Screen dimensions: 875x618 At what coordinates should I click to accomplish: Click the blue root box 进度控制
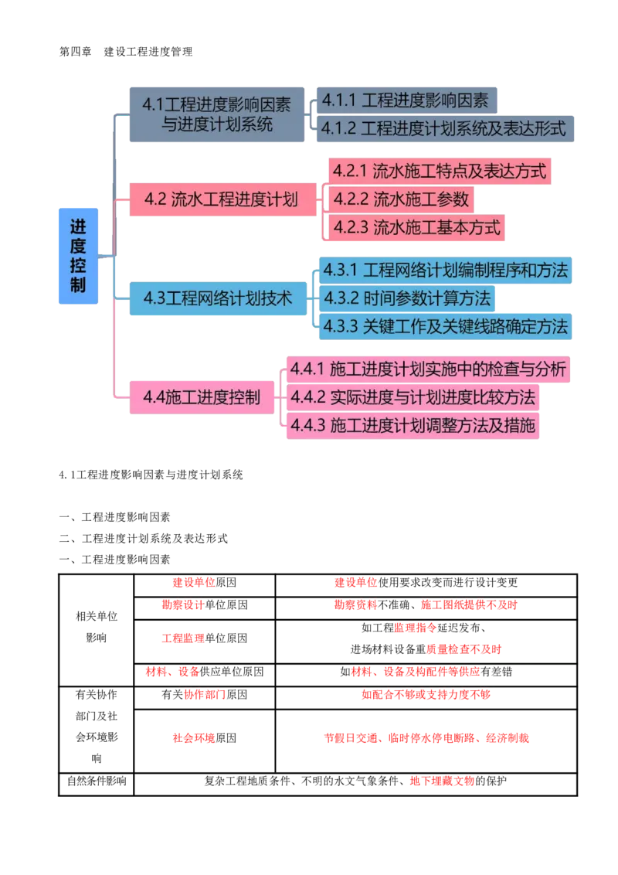click(x=77, y=255)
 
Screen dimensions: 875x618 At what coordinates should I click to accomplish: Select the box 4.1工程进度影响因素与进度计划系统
click(x=216, y=114)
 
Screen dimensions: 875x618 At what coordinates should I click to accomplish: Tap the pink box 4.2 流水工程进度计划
click(x=221, y=199)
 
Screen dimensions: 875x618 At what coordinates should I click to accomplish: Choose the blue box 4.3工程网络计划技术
click(x=218, y=298)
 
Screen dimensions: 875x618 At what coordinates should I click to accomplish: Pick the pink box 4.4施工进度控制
click(x=201, y=397)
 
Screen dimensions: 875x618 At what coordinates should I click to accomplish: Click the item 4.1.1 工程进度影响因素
click(x=406, y=100)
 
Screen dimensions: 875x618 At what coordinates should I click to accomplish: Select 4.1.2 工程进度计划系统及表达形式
click(x=443, y=128)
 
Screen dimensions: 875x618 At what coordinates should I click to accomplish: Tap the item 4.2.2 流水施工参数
click(x=401, y=199)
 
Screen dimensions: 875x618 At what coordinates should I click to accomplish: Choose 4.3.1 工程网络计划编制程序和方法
click(x=445, y=270)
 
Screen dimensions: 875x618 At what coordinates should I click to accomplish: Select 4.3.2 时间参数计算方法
click(x=406, y=298)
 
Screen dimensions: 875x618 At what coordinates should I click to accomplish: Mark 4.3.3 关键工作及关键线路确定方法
click(x=445, y=325)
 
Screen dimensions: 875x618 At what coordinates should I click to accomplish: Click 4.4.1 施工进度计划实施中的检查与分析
click(x=429, y=369)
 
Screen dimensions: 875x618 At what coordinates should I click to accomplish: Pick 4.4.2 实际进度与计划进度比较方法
click(x=413, y=397)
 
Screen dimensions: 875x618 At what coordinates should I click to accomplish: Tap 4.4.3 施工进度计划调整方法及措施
click(x=413, y=425)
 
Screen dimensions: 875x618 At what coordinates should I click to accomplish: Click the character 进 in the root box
click(x=77, y=227)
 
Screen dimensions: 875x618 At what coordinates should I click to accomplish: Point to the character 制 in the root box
click(x=77, y=285)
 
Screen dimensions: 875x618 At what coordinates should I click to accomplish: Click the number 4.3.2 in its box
click(x=341, y=298)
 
